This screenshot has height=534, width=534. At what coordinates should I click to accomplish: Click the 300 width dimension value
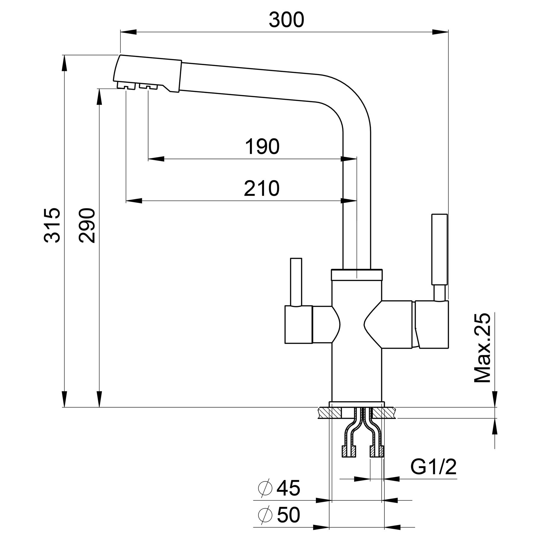(286, 20)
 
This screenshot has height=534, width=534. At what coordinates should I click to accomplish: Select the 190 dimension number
(262, 147)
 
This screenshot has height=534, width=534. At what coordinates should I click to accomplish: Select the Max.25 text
(482, 348)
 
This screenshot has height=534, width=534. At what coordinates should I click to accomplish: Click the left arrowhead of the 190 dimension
(156, 159)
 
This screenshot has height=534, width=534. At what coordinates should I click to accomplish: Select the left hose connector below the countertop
(349, 451)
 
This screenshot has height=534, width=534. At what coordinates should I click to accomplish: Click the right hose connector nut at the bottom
(377, 451)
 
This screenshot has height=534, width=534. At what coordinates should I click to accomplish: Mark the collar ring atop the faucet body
(357, 274)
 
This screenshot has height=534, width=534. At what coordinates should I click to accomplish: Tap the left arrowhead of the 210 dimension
(134, 201)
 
